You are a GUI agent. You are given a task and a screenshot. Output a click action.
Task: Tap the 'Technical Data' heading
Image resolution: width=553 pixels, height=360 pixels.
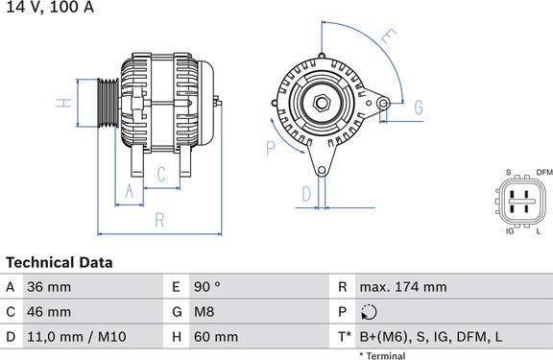[60, 262]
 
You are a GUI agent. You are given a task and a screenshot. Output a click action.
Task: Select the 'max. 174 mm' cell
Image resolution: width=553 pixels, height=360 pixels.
[403, 287]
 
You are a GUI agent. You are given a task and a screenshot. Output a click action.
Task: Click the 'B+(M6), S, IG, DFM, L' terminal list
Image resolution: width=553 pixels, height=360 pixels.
[429, 337]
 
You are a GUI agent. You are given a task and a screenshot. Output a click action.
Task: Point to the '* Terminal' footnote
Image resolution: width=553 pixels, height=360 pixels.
[382, 355]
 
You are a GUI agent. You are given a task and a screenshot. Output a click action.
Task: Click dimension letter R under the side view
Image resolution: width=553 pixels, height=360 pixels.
[160, 219]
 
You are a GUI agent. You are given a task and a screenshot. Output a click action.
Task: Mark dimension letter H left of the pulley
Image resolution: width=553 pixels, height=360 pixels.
[60, 104]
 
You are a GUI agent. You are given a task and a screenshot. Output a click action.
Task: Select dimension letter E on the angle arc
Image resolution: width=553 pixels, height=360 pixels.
[388, 38]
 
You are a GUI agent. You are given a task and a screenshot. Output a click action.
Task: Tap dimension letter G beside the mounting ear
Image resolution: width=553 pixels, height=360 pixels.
[419, 108]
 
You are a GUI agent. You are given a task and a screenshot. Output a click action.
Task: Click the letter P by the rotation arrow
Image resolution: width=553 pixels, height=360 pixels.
[271, 147]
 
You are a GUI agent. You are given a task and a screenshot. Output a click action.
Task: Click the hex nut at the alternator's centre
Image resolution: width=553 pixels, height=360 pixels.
[322, 103]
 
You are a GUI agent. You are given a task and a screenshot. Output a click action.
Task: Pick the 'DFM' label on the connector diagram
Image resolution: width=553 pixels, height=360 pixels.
[544, 172]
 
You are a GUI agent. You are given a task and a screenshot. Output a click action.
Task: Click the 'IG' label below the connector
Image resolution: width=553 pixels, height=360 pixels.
[510, 231]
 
